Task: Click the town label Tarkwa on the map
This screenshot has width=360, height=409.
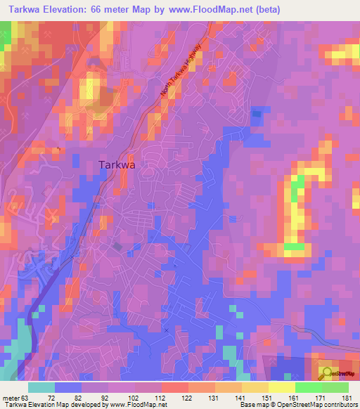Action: click(117, 164)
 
